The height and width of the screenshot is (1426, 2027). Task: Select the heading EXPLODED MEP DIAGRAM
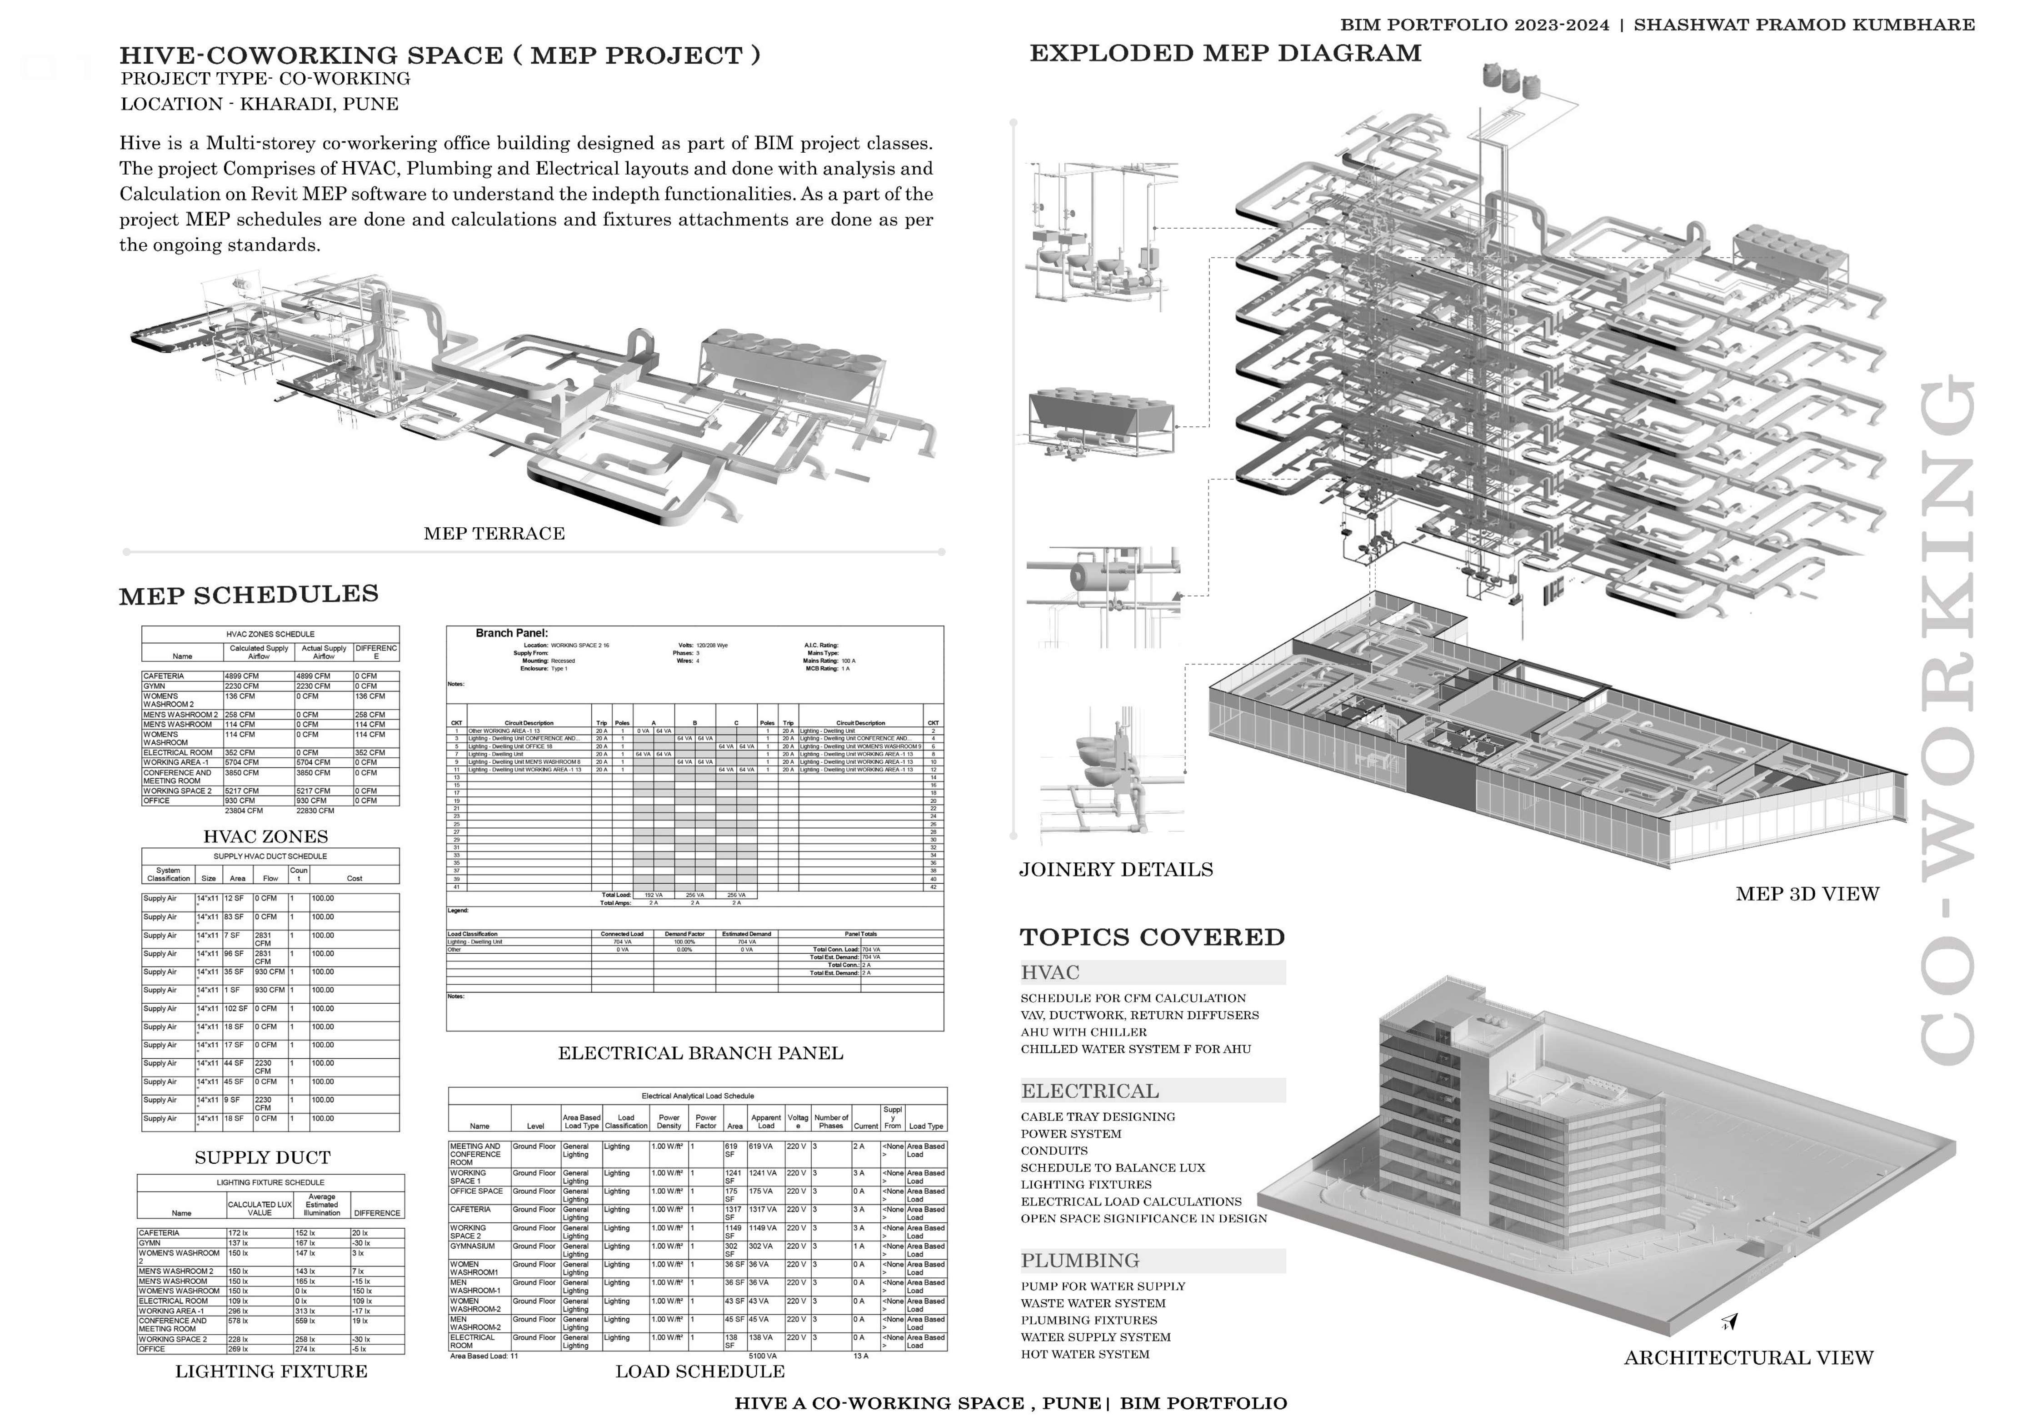pos(1225,53)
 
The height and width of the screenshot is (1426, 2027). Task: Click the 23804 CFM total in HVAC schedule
pos(244,811)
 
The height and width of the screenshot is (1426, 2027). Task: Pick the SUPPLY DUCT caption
pos(262,1158)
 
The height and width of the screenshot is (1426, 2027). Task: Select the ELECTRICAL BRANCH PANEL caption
pos(700,1053)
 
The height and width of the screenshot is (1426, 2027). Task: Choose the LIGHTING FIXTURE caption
pos(271,1371)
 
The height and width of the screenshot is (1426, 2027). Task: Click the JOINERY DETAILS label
pos(1116,870)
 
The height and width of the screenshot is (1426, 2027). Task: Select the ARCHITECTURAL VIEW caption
pos(1748,1358)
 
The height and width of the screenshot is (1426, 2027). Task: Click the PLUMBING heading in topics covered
pos(1080,1261)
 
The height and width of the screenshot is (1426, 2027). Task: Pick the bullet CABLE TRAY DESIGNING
pos(1098,1117)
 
